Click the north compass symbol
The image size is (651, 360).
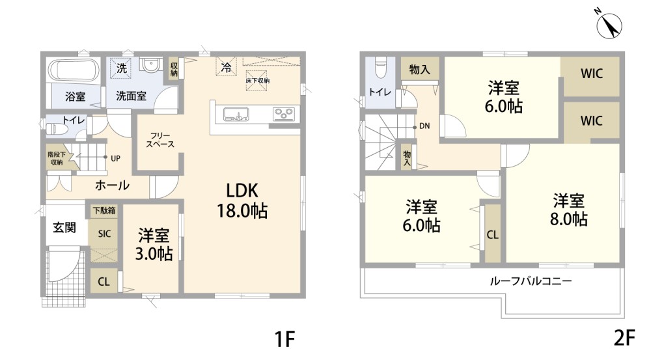click(x=609, y=26)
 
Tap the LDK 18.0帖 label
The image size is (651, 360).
click(x=242, y=201)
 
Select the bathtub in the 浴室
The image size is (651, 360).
click(x=74, y=70)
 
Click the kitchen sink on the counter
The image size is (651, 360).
click(x=236, y=114)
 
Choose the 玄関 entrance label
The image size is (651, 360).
click(x=64, y=227)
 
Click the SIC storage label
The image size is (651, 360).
click(x=104, y=234)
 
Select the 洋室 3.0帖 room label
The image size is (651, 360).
click(x=154, y=243)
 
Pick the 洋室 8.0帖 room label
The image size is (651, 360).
click(x=568, y=209)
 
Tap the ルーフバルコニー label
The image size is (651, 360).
click(x=531, y=281)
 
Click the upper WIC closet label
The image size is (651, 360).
click(x=592, y=74)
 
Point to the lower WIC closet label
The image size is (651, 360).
click(x=592, y=121)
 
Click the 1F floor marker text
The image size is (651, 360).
click(x=285, y=339)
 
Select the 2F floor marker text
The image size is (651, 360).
click(x=624, y=338)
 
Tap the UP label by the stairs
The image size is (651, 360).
click(x=115, y=158)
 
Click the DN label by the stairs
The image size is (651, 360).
click(x=424, y=126)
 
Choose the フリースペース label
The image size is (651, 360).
click(x=160, y=140)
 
